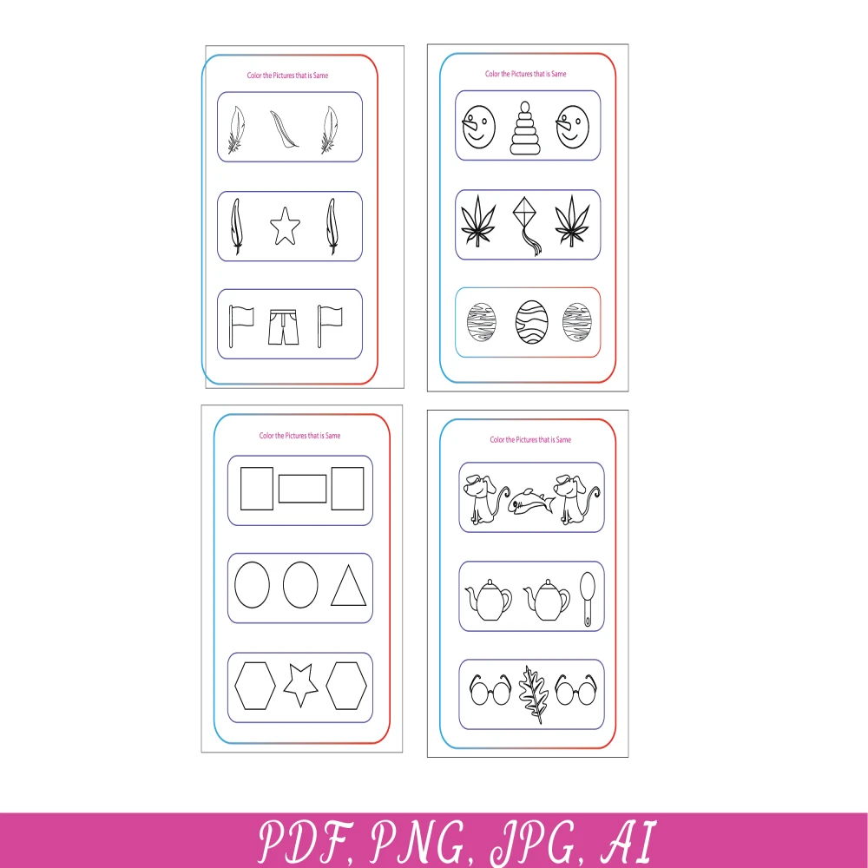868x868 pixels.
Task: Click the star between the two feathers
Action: click(285, 226)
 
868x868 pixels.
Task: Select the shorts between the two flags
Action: click(284, 326)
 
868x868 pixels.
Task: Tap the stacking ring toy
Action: click(525, 128)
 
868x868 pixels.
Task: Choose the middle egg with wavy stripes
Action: click(531, 322)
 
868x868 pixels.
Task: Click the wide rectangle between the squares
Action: click(302, 489)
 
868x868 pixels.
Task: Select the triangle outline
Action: click(348, 586)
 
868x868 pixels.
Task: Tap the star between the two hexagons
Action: click(300, 686)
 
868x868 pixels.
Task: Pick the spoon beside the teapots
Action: click(588, 599)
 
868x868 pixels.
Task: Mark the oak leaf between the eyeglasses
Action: click(533, 694)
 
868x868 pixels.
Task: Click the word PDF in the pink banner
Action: click(306, 841)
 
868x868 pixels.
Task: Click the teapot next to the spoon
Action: click(546, 600)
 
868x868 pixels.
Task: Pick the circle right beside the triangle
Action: click(300, 584)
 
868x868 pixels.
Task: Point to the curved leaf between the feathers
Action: click(284, 129)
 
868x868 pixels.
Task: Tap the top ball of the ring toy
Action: click(525, 107)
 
